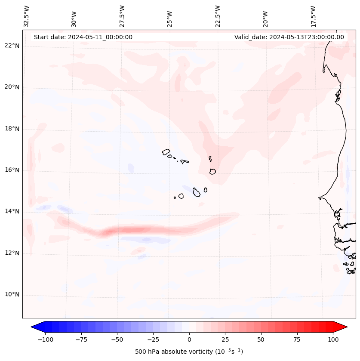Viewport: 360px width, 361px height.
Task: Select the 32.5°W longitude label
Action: [x=27, y=16]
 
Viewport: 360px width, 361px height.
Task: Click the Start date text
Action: [x=83, y=37]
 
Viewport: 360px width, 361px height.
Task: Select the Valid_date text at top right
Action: [x=289, y=37]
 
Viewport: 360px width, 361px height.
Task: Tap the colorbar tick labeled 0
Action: [x=189, y=339]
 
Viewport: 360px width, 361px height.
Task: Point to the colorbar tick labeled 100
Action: [x=333, y=339]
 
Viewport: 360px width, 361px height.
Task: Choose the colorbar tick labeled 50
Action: [x=261, y=339]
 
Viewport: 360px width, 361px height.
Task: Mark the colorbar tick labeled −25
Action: [x=153, y=339]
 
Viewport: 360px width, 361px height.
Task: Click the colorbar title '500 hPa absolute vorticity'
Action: [x=189, y=352]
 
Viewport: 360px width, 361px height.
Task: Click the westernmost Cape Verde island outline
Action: [x=166, y=152]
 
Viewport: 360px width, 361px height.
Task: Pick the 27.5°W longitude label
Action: [x=122, y=16]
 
